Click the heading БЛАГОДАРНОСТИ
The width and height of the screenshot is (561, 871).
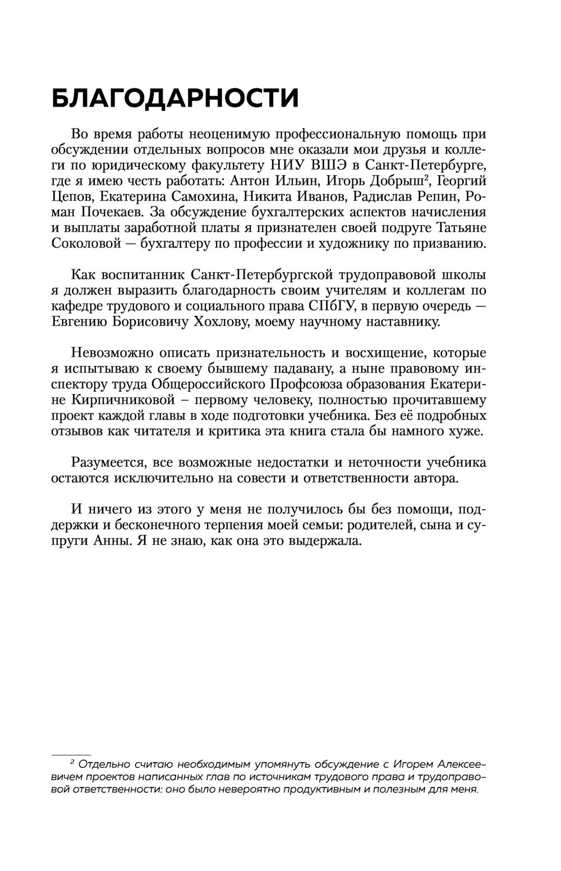[x=174, y=99]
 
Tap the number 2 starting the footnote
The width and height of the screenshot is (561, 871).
[x=72, y=764]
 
